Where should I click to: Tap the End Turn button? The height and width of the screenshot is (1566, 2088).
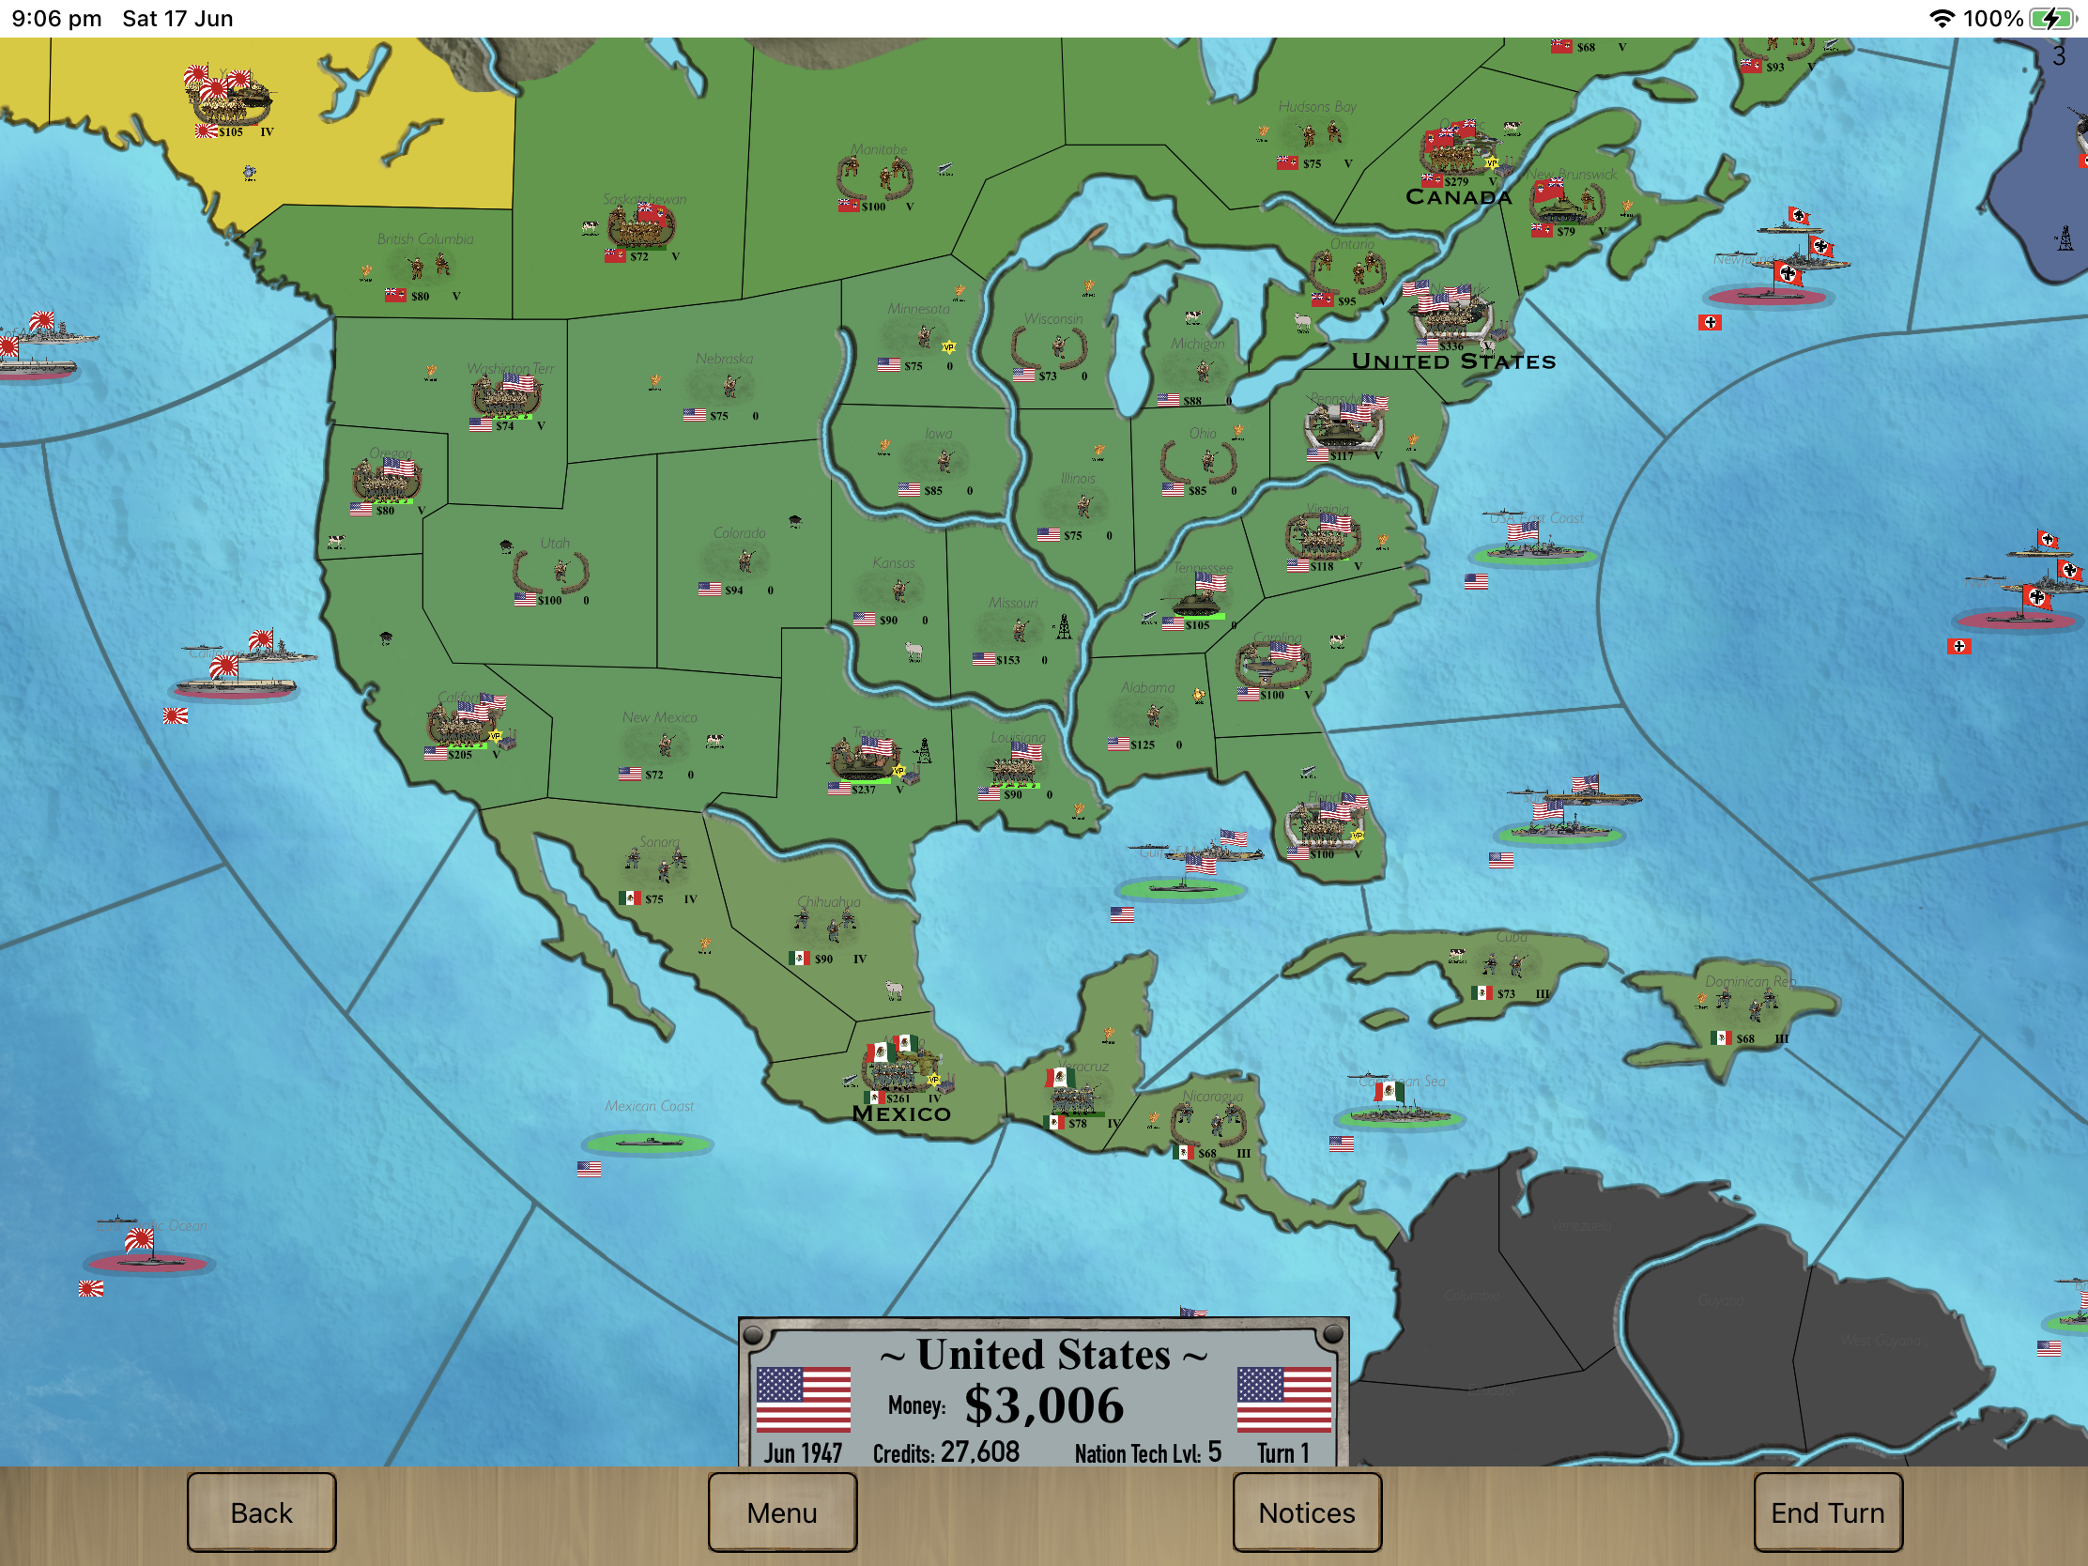click(x=1826, y=1512)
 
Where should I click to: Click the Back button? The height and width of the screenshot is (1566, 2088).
click(x=262, y=1512)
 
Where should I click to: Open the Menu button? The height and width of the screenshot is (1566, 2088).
click(x=781, y=1512)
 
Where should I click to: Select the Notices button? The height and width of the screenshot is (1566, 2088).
click(x=1306, y=1512)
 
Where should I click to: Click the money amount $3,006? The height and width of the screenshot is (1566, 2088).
click(x=1043, y=1405)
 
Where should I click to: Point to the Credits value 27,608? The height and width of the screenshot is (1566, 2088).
click(x=979, y=1451)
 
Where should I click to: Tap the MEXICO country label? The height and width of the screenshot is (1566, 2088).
click(x=901, y=1113)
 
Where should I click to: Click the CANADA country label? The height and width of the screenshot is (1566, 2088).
click(x=1458, y=197)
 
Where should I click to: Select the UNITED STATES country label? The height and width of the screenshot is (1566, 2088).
click(x=1452, y=361)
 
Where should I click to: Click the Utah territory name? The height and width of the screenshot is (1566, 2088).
click(x=555, y=543)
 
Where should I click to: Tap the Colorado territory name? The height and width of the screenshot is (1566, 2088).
click(x=739, y=532)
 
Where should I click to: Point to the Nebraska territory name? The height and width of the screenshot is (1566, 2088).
click(x=724, y=359)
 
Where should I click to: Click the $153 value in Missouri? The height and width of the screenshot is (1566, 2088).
click(x=1007, y=660)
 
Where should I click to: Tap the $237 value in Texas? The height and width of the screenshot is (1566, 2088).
click(x=863, y=791)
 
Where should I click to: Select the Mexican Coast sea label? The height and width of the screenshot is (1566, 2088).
click(x=650, y=1105)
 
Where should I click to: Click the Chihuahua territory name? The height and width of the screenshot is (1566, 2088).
click(x=829, y=901)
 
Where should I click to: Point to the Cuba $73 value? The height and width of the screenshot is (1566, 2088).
click(x=1505, y=994)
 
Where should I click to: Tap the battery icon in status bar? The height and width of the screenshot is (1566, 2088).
click(x=2050, y=19)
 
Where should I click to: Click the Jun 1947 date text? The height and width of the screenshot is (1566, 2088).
click(x=803, y=1452)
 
